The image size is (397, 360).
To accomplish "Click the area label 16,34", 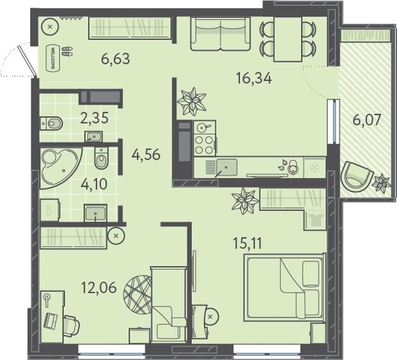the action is point(254,78).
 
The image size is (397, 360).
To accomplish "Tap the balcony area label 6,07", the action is point(367,120).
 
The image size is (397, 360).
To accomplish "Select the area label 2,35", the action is point(94,118).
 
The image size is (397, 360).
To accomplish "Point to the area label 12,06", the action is point(99,287).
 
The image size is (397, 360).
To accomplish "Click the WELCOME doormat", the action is point(53,58).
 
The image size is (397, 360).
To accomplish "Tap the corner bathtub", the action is point(60,168).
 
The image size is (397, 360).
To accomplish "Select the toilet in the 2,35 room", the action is point(51,124).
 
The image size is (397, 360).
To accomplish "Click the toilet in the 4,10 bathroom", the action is point(102,158).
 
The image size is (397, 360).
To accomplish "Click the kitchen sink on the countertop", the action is point(227,167).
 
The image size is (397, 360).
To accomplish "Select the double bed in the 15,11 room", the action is point(284,288).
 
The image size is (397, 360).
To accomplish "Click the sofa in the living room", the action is point(221,34).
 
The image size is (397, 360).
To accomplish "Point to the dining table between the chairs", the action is point(288,39).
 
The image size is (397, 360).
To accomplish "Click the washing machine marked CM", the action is point(49,210).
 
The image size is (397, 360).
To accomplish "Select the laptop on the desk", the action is point(51,321).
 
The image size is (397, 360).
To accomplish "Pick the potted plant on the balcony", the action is point(382,183).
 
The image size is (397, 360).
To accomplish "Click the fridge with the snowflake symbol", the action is point(315,167).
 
